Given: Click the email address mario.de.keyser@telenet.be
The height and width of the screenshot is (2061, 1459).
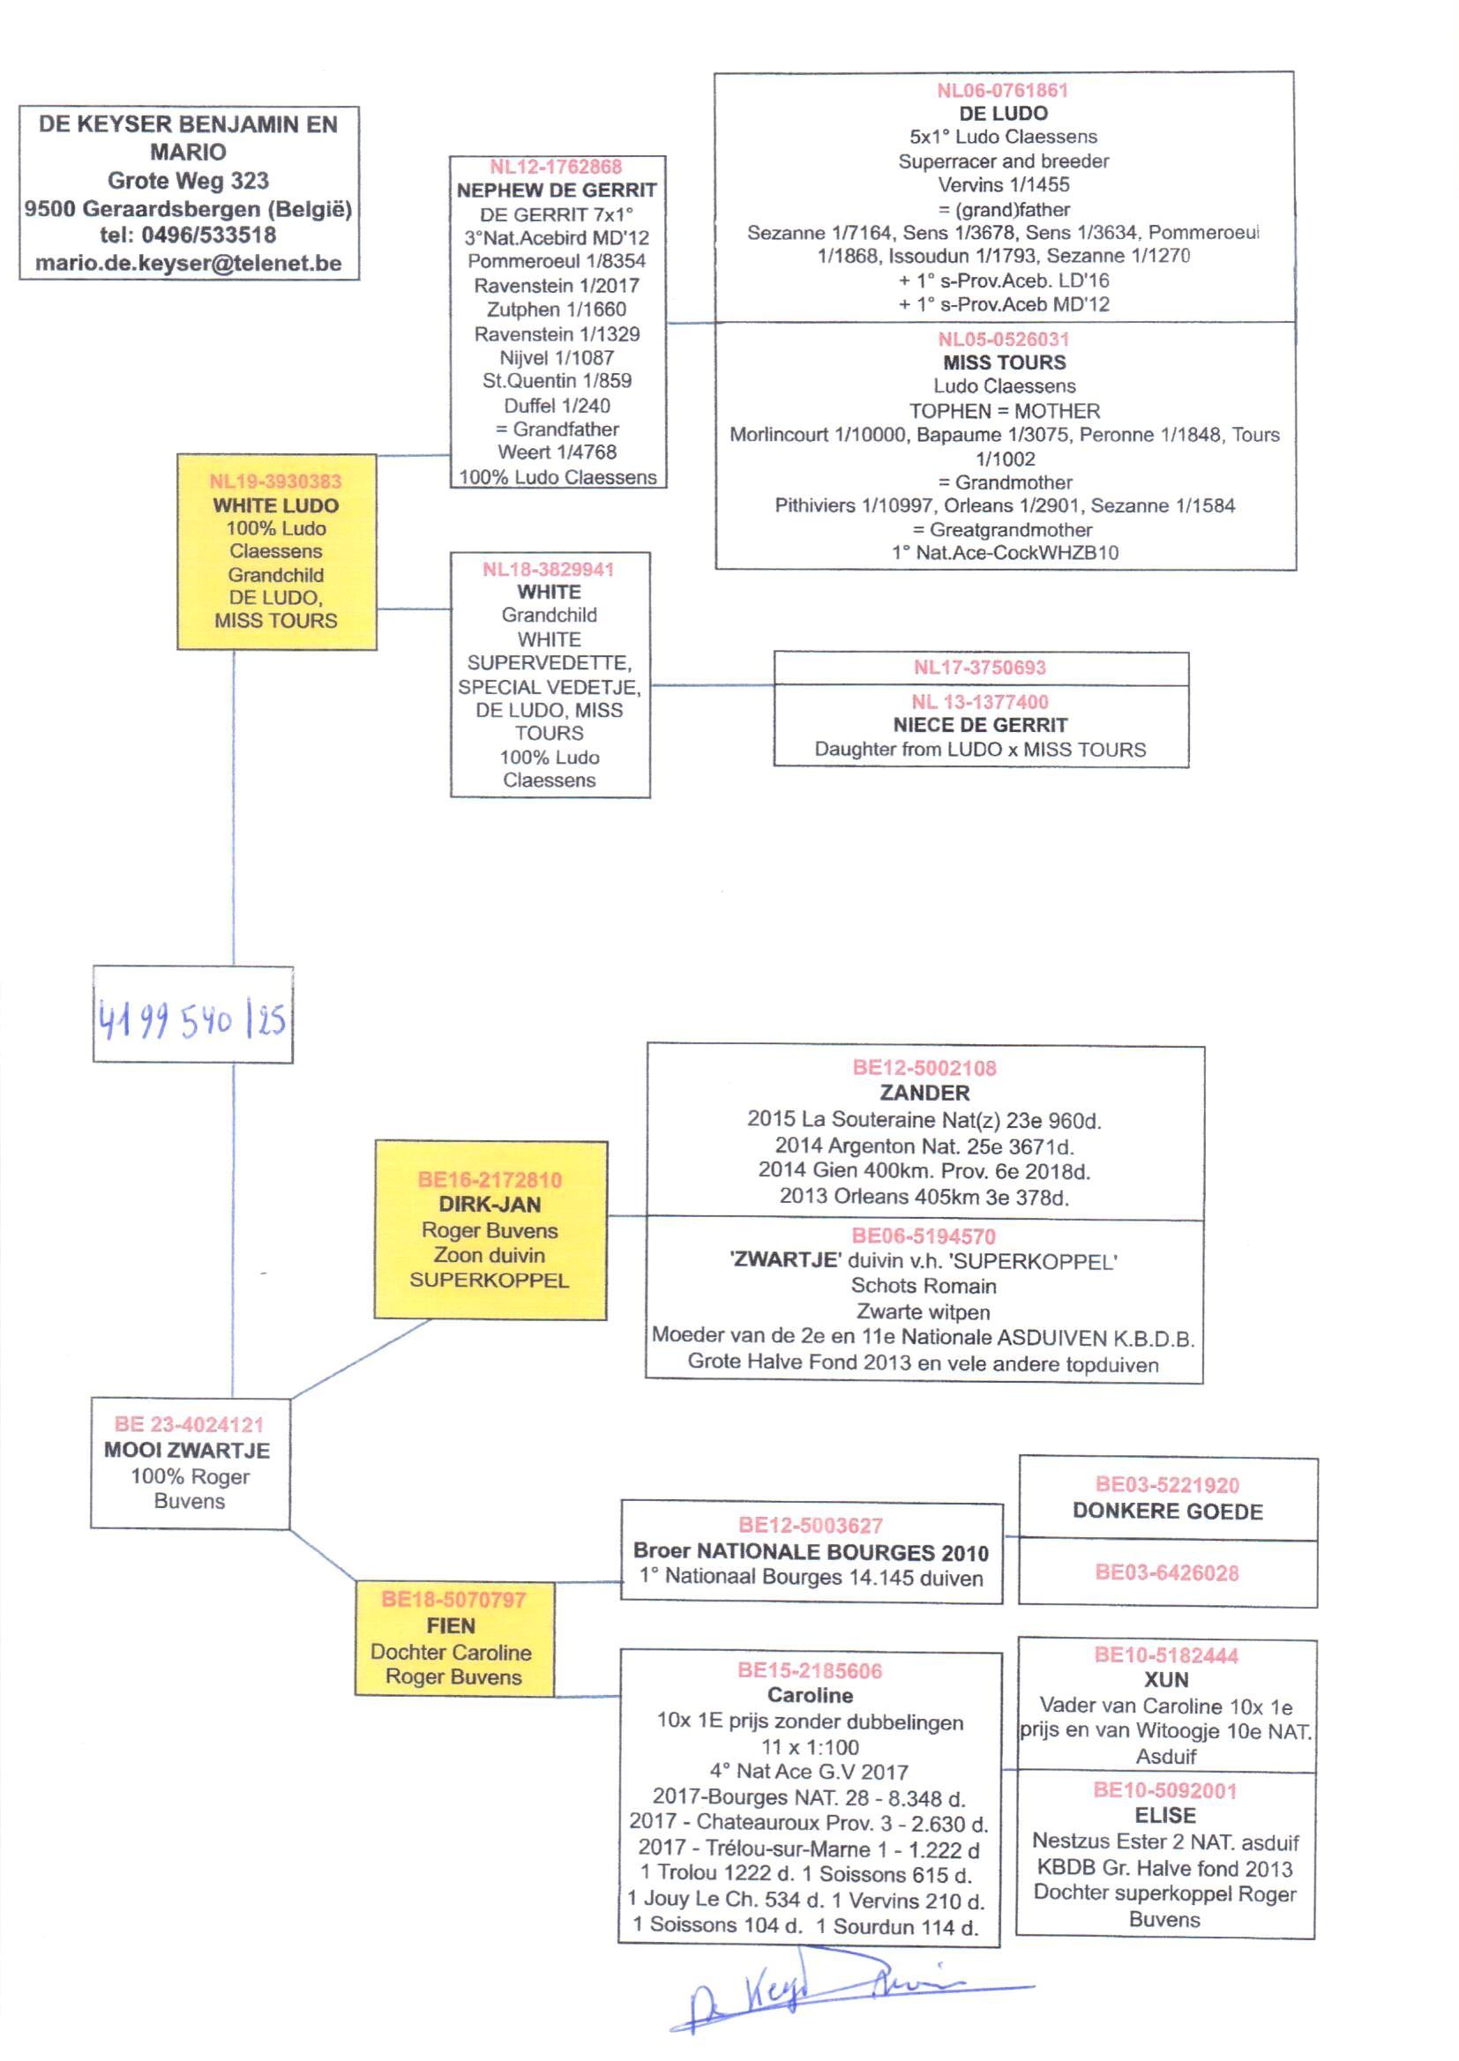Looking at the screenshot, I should pos(189,263).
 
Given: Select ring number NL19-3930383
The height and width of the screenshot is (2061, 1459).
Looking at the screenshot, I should pos(276,482).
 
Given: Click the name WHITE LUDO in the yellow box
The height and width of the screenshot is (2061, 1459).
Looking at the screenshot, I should pos(276,505).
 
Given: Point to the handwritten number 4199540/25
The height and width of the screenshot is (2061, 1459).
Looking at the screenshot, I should pos(192,1019).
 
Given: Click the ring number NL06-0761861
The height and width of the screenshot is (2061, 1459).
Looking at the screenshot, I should pos(1003,90).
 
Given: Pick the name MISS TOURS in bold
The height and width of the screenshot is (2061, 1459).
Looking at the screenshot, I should pos(1005,362).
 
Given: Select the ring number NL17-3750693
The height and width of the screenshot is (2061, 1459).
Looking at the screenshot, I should pos(980,668).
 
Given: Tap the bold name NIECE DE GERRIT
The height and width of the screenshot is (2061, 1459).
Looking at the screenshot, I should pos(980,725).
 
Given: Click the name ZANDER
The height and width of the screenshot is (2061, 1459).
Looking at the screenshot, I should pos(924,1093).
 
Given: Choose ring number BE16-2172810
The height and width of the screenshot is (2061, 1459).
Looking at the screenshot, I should pos(490,1180).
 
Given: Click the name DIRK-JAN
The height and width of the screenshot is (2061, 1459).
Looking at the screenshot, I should pos(490,1205).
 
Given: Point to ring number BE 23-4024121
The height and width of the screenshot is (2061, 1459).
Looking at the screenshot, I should pos(189,1424).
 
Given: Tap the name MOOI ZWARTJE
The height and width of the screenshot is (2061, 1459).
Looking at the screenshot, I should pos(187,1450).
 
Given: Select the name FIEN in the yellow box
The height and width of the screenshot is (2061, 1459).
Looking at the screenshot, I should pos(451,1625).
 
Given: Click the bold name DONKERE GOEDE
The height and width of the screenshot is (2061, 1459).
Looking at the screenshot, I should pos(1167,1512).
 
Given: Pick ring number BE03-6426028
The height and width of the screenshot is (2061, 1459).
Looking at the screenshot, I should pos(1167,1572).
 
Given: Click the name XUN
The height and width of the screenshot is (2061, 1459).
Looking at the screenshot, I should pos(1166,1679).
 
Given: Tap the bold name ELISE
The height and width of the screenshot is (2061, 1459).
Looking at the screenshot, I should pos(1165,1815).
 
